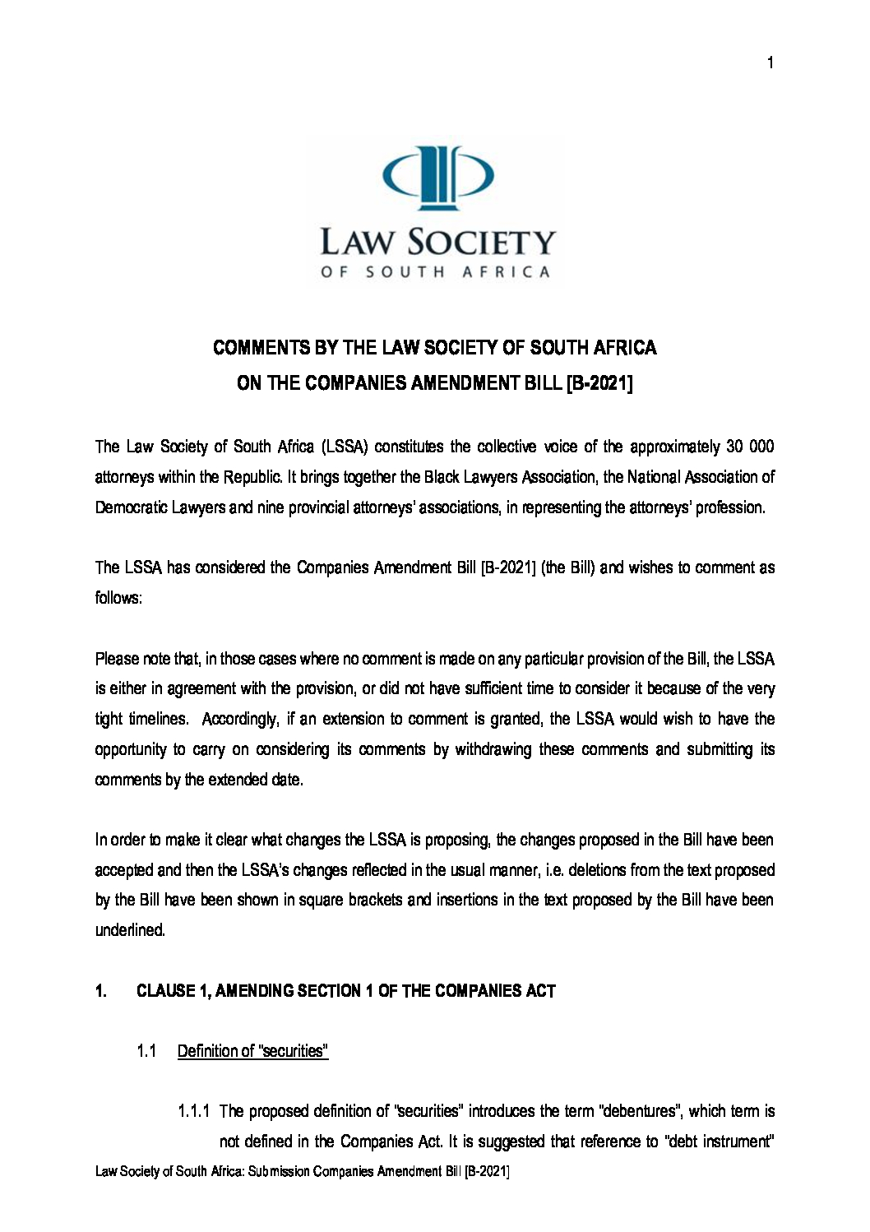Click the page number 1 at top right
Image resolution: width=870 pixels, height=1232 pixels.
pos(770,63)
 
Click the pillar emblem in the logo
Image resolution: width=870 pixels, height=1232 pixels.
pos(439,178)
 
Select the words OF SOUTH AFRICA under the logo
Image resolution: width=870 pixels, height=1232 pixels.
pos(435,272)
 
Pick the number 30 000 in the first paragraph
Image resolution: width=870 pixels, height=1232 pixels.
pos(750,447)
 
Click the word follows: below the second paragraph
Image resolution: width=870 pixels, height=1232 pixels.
pos(119,598)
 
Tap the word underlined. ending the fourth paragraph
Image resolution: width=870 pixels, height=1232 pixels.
pos(131,931)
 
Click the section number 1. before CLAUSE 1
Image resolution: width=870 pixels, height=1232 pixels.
pos(101,991)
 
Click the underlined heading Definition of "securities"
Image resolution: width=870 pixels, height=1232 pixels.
pos(253,1052)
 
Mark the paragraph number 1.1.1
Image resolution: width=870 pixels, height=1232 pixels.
pos(195,1112)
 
